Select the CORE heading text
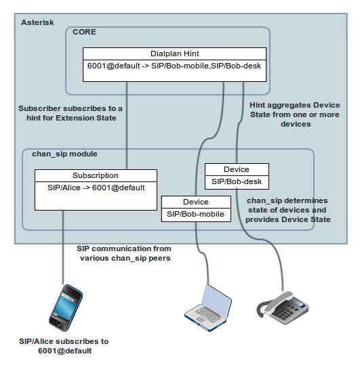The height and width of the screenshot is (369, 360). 85,32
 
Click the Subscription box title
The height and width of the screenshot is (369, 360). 96,175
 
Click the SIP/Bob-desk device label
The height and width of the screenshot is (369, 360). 237,182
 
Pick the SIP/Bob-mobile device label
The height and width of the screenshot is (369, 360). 195,214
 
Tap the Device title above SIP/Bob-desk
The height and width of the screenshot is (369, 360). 236,169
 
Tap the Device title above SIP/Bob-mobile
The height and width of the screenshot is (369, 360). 195,202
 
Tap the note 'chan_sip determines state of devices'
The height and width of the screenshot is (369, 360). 288,210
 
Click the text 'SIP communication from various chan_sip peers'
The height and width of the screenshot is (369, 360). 123,253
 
